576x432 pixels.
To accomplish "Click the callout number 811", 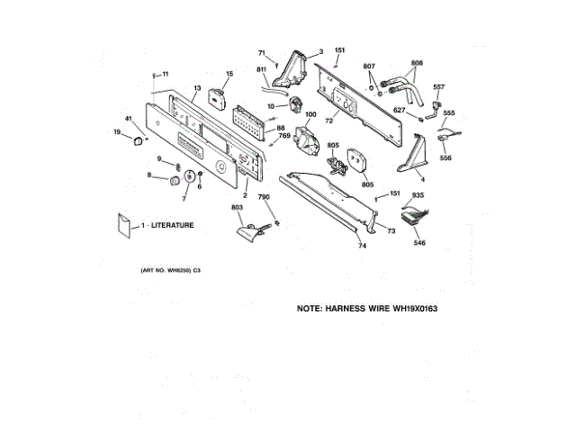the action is point(261,69).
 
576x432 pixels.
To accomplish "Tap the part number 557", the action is point(438,87).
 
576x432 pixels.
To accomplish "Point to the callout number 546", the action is point(419,243).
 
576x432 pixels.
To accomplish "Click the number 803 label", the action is point(237,208).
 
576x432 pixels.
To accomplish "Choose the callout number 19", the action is point(116,132).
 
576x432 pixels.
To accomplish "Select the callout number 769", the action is point(282,135).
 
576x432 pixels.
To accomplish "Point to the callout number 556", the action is point(445,158).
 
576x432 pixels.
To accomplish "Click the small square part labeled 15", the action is point(216,97).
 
